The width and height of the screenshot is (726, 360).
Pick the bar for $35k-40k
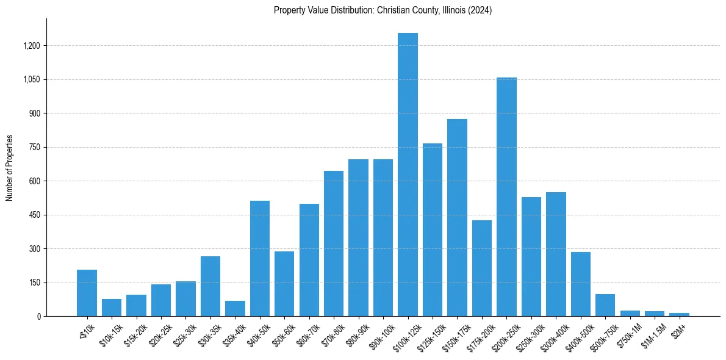coord(235,308)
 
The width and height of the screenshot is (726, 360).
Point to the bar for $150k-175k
coord(457,217)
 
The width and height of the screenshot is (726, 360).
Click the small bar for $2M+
coord(679,314)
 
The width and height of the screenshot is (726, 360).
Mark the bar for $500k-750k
coord(605,305)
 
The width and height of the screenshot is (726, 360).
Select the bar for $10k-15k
coord(112,308)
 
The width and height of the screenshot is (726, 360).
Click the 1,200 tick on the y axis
coord(32,46)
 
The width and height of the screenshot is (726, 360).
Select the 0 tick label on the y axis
coord(38,317)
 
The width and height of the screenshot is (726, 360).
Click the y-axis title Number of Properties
coord(9,168)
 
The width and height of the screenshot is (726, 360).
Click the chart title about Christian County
coord(383,10)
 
